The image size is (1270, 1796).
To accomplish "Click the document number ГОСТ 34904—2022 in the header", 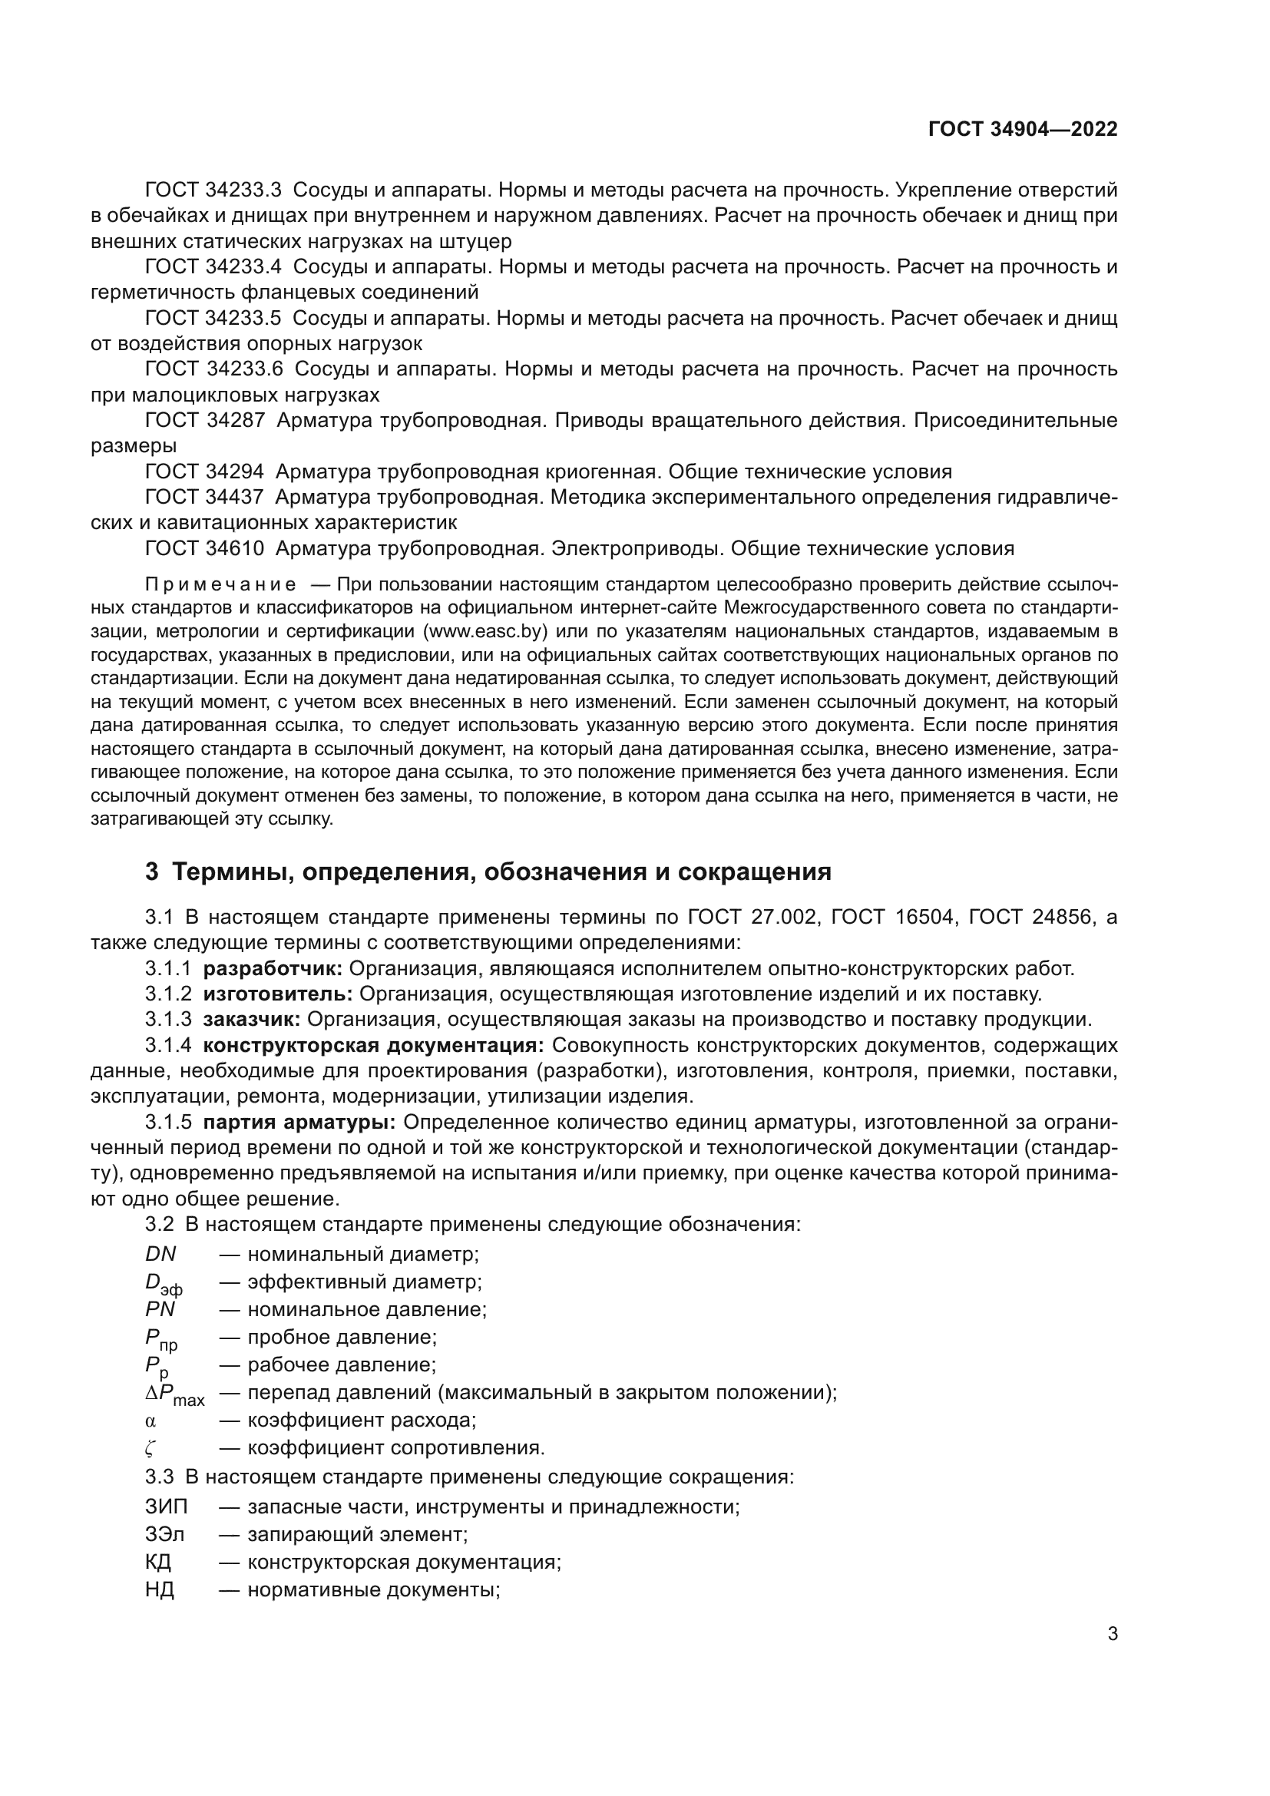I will click(1022, 129).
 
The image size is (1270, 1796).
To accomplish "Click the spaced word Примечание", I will click(220, 585).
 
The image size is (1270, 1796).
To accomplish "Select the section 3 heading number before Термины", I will click(152, 872).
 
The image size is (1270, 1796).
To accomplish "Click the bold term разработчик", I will click(273, 968).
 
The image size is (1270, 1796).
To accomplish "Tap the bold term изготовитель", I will click(278, 994).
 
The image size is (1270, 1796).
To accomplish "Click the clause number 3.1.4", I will click(168, 1046).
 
